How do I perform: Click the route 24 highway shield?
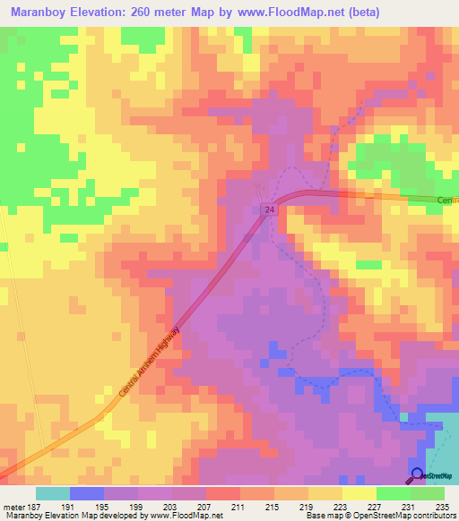pos(268,209)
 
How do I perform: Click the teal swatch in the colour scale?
pos(53,493)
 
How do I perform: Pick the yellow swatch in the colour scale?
pos(359,493)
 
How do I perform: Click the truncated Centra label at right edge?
pos(447,201)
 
